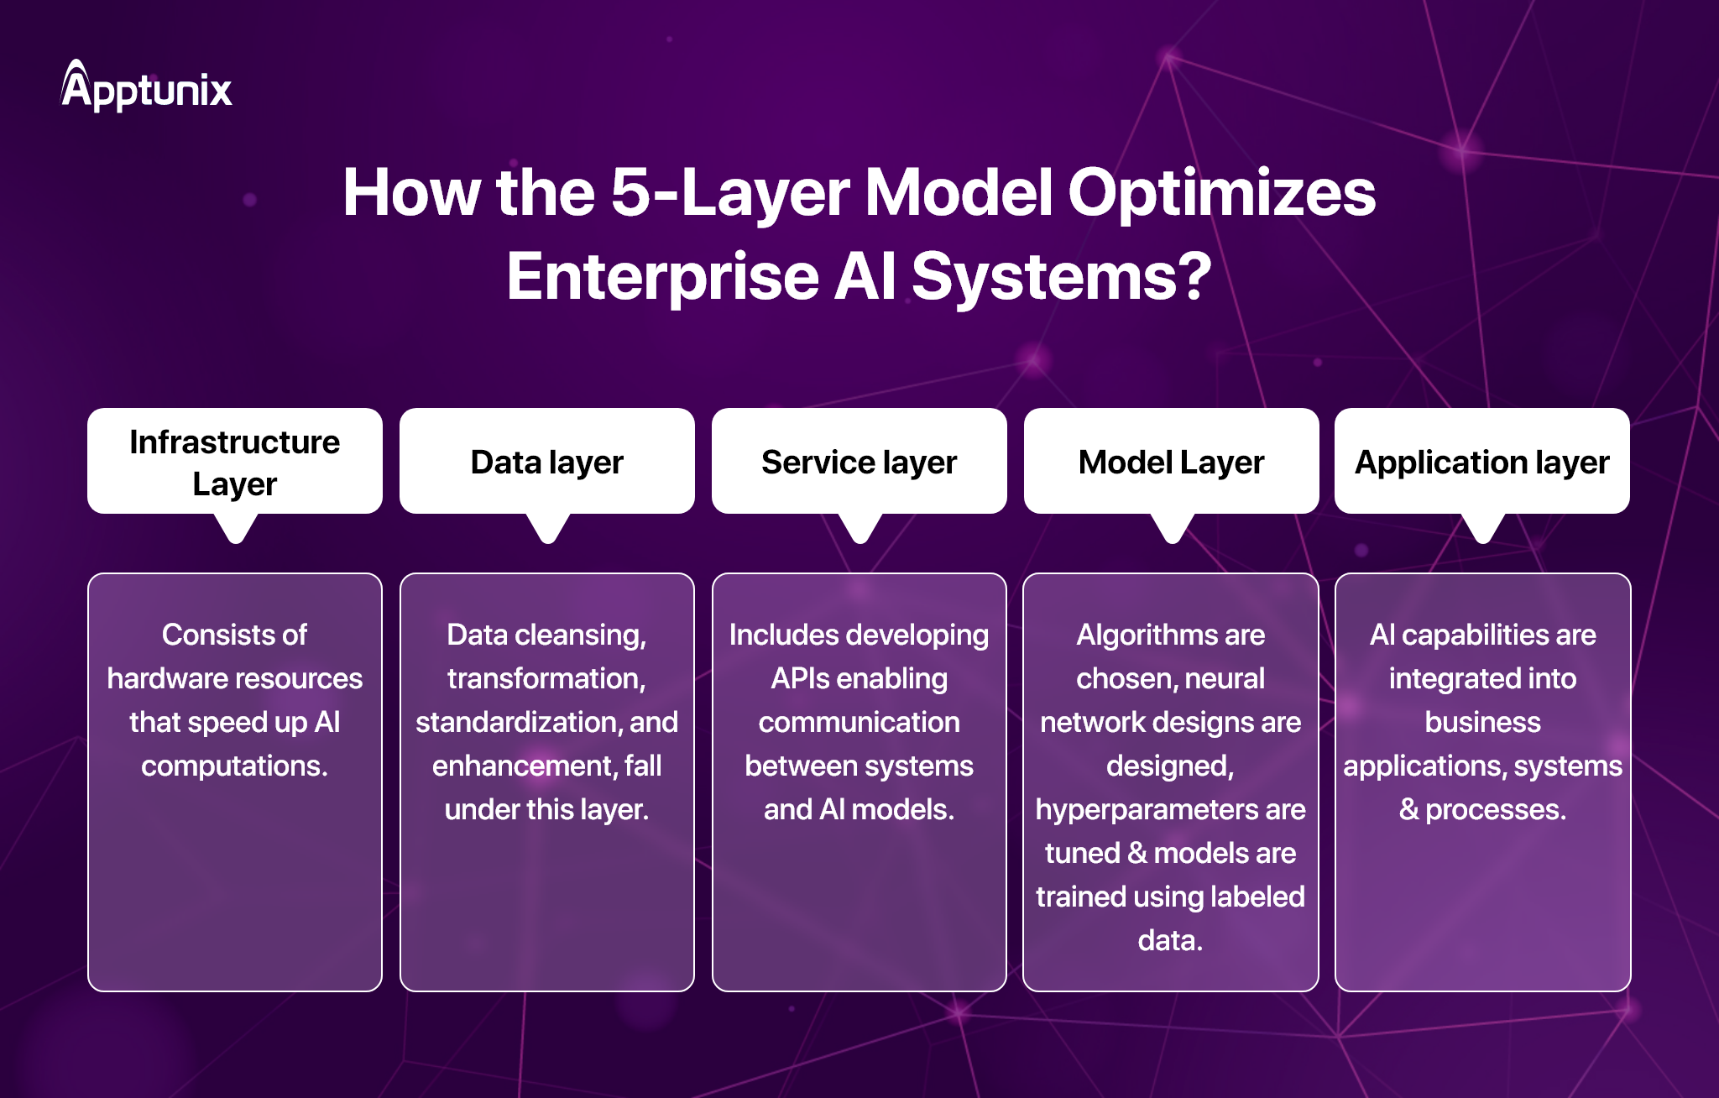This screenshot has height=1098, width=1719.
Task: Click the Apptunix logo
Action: point(147,87)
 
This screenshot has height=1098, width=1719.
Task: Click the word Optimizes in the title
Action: point(1221,193)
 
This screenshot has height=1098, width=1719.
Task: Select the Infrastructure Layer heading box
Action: point(235,462)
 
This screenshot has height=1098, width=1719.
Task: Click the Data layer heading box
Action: point(547,462)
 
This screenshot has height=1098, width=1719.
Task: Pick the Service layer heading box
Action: point(859,462)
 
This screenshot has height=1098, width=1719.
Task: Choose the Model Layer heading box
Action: point(1172,462)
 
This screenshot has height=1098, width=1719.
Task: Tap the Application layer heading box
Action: point(1482,462)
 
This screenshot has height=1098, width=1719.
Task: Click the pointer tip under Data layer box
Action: point(548,534)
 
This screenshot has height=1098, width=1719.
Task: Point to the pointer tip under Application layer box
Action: point(1483,534)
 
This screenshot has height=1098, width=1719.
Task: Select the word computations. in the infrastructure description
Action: point(234,766)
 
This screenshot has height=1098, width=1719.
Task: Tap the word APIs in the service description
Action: point(800,678)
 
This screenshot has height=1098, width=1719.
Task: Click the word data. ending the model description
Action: point(1170,940)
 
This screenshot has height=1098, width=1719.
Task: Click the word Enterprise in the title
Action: point(663,277)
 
